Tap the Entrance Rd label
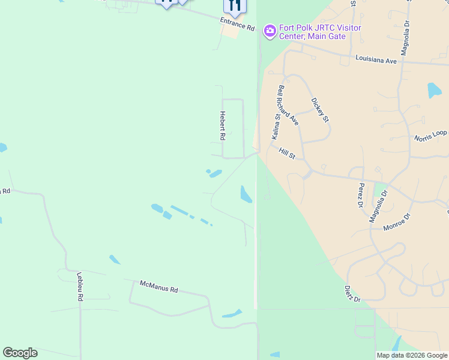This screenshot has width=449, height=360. (237, 25)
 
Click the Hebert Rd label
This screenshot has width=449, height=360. (222, 126)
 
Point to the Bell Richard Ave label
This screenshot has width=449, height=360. (288, 105)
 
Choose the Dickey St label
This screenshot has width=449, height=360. (321, 110)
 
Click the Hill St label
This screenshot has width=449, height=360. (287, 155)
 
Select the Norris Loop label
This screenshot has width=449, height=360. (430, 136)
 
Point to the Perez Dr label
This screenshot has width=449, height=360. (361, 196)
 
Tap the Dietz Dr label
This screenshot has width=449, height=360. (352, 295)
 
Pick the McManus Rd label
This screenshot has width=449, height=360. (158, 287)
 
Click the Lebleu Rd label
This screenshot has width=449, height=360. (79, 286)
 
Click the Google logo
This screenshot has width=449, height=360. (20, 353)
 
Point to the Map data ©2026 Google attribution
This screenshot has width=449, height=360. (412, 355)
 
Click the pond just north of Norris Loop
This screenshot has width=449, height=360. (434, 91)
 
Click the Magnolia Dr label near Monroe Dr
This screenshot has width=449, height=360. (379, 206)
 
